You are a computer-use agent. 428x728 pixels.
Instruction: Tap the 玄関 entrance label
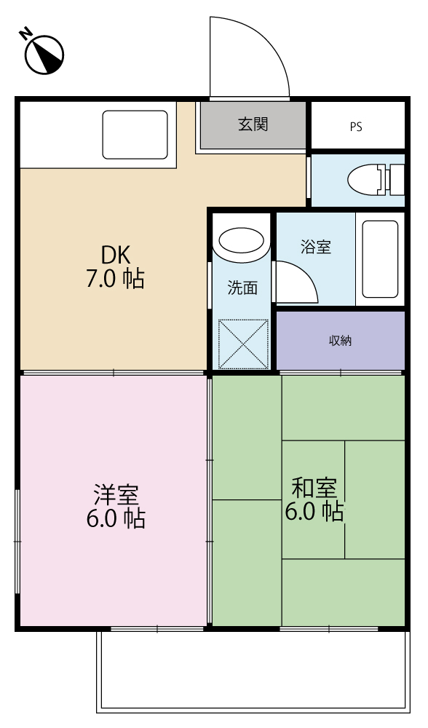point(253,124)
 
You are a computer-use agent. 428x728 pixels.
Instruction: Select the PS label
point(356,127)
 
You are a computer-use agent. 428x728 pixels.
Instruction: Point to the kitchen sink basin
point(135,135)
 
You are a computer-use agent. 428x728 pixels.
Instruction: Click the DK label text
point(115,255)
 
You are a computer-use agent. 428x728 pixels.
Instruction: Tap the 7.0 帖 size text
point(115,279)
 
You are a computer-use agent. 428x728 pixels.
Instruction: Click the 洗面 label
point(242,288)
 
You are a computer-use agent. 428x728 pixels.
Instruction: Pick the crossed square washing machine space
point(243,343)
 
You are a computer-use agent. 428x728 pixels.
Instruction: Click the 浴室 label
point(316,246)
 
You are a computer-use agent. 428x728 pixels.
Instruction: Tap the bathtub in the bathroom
point(380,258)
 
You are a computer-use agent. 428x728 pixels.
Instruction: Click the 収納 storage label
point(340,341)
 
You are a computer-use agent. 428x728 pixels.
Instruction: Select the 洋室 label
point(115,495)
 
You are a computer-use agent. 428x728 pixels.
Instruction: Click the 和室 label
point(314,486)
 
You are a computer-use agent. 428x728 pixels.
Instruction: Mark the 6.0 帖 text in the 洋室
point(115,519)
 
